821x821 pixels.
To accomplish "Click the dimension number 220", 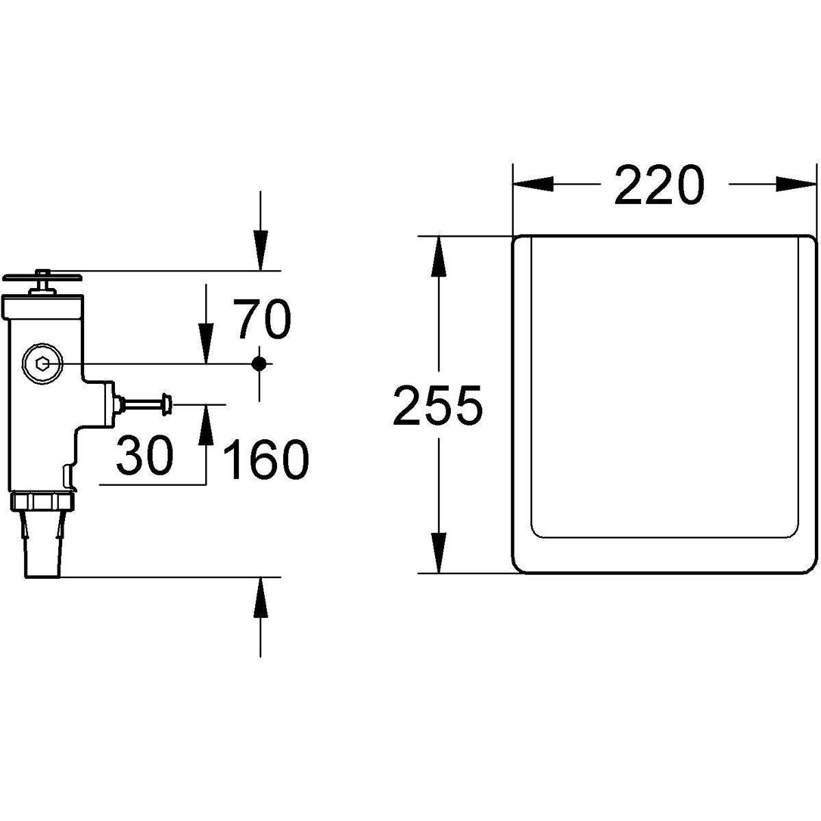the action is tap(659, 185).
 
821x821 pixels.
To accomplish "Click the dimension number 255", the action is tap(438, 404).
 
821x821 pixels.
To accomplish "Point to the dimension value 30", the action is tap(145, 454).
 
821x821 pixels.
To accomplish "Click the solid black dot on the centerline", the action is tap(259, 363).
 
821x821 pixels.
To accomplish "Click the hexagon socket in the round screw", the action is tap(43, 363).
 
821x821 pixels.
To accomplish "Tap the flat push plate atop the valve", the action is tap(42, 278).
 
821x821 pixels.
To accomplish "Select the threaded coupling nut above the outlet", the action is tap(43, 501).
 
